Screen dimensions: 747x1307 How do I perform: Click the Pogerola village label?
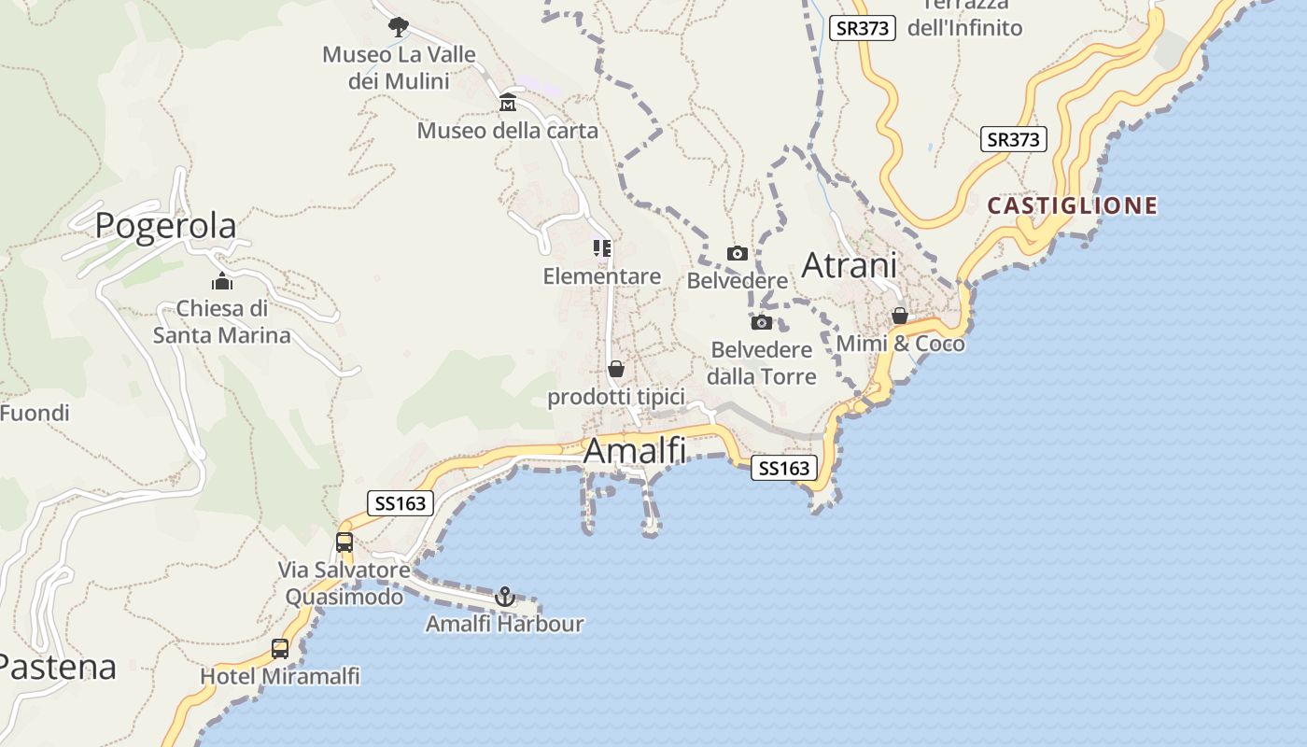pos(166,226)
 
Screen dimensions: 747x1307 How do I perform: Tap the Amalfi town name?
pos(635,451)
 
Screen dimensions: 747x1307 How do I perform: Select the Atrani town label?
pos(850,266)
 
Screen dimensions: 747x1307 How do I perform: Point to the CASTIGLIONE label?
pos(1073,205)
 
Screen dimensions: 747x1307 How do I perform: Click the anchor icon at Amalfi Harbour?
pos(505,596)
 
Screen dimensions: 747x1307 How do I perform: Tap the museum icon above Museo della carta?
pos(508,102)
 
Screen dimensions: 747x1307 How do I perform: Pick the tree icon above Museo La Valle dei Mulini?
pos(399,27)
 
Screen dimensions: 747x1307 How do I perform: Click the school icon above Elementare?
pos(602,248)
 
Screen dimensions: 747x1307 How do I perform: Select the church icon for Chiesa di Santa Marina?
pos(222,281)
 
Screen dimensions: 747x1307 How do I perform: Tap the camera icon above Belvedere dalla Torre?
pos(762,322)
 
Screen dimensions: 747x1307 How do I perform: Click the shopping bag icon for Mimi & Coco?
pos(900,316)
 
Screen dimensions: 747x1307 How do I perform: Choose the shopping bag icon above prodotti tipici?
pos(616,369)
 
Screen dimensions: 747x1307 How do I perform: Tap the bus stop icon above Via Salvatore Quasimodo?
pos(344,542)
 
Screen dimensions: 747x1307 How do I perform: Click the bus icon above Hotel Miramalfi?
pos(280,648)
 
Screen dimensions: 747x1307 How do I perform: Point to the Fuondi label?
pos(35,413)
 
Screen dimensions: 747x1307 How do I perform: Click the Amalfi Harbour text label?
pos(504,624)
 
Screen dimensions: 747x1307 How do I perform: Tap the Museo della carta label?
pos(507,131)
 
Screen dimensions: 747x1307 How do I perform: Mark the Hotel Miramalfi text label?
pos(280,676)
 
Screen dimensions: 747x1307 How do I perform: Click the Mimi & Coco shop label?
pos(900,344)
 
